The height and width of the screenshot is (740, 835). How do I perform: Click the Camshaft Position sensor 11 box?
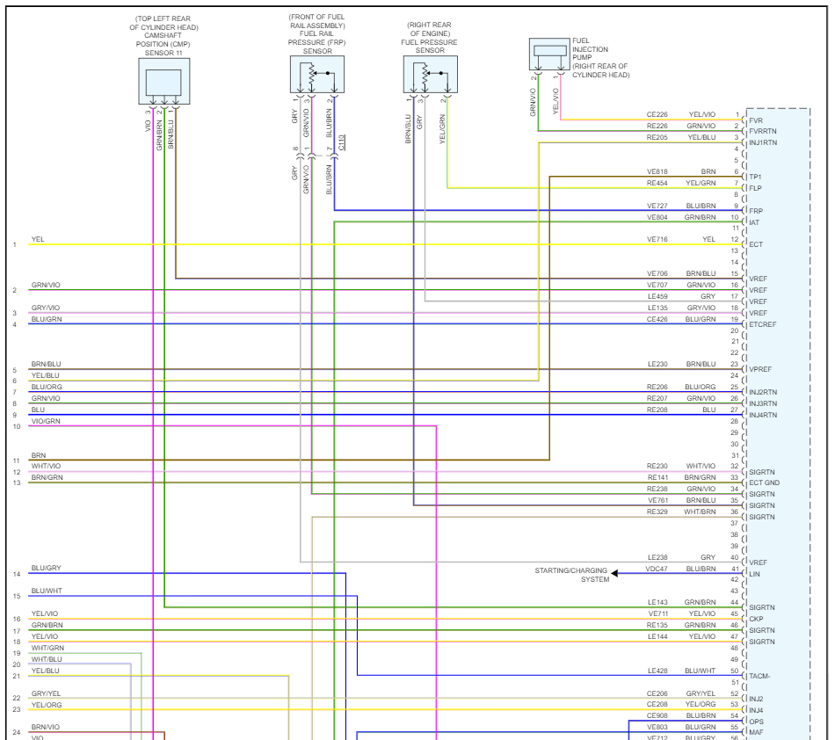163,82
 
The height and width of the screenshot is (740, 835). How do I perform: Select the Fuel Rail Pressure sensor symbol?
316,76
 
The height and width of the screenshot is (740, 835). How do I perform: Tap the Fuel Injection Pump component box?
550,54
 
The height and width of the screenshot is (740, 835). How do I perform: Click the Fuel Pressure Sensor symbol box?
430,76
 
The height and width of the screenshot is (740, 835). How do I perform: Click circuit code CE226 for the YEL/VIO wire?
657,114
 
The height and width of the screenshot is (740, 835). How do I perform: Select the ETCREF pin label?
762,325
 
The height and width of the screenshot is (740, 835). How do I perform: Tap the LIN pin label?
754,574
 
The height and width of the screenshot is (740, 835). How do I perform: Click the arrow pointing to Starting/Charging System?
615,574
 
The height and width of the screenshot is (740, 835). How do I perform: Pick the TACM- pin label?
760,676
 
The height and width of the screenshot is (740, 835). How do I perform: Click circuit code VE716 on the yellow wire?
657,239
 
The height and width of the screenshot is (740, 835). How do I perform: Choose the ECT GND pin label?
764,483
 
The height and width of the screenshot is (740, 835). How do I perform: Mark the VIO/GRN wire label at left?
46,421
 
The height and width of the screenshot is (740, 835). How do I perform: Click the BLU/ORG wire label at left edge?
47,387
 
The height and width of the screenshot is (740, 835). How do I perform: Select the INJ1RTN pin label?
763,142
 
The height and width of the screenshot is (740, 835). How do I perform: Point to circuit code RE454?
657,183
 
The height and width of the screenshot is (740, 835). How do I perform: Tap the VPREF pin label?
760,370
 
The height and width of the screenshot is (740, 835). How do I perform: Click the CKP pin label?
756,619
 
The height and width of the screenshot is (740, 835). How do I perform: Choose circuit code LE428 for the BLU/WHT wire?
657,671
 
